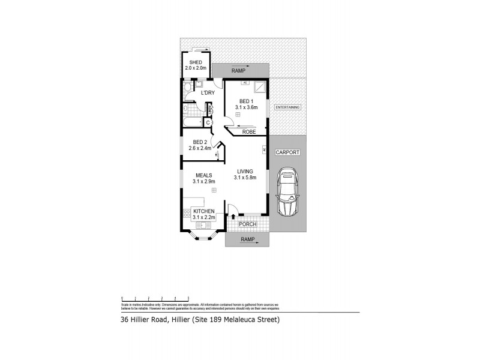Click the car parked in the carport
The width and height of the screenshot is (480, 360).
pos(287,193)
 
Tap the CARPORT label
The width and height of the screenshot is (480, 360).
pos(287,153)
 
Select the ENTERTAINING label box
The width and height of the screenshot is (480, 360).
pos(287,107)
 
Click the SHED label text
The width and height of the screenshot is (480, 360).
pos(196,62)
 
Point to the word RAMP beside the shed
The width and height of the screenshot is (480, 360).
pos(239,71)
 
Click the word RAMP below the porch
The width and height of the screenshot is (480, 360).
pos(247,239)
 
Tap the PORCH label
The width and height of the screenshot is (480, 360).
pos(248,224)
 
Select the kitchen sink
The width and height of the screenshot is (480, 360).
pos(201,226)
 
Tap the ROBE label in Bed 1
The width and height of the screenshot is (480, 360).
pos(250,131)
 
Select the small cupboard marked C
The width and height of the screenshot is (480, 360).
pos(208,123)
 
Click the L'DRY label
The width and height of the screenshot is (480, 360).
pos(208,93)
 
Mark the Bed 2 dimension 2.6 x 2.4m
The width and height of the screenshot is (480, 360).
pos(199,148)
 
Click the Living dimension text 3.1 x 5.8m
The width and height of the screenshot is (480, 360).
pos(246,177)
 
